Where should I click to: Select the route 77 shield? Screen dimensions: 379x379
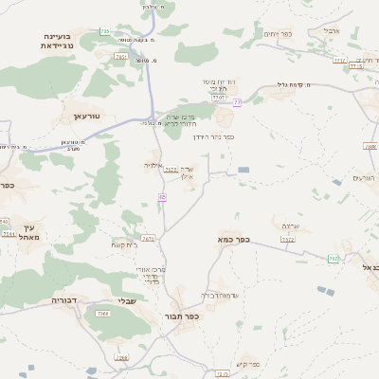[x=237, y=102]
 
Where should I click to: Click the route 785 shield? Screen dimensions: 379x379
[x=103, y=31]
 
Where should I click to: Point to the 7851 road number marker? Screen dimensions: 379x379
[x=120, y=57]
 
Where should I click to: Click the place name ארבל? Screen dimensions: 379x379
[x=332, y=30]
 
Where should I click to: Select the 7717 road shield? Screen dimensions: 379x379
[x=219, y=97]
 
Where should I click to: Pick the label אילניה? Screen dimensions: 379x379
[x=153, y=165]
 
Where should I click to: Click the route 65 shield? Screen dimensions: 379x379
[x=163, y=196]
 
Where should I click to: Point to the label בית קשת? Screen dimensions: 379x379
[x=124, y=244]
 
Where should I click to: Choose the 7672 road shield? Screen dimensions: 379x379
[x=148, y=239]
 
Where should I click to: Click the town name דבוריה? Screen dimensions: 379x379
[x=44, y=299]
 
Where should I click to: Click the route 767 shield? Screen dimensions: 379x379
[x=333, y=258]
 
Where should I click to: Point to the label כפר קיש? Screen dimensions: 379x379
[x=248, y=364]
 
